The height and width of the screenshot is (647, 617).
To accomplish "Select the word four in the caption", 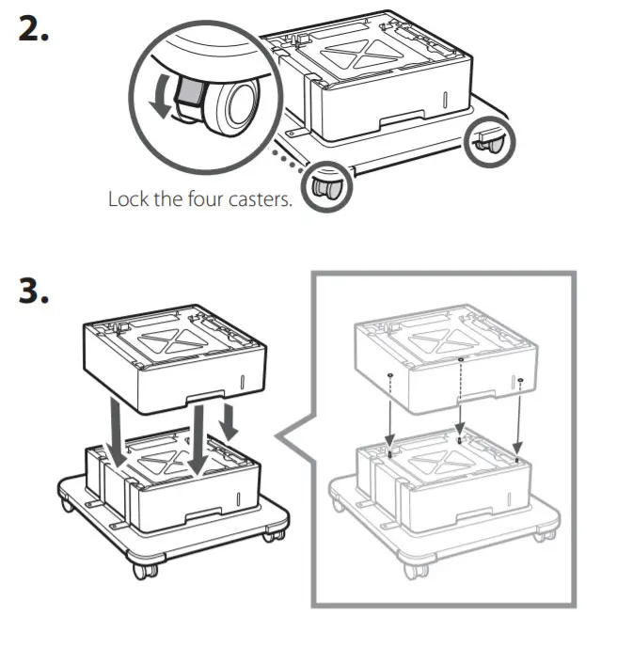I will (x=198, y=200).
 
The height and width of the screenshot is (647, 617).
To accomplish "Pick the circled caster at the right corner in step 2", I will (x=491, y=140).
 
